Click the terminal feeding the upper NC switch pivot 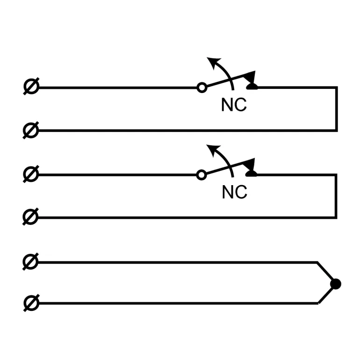(31, 87)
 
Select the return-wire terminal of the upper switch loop (31, 130)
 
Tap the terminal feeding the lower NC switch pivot (31, 175)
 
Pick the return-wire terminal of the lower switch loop (31, 217)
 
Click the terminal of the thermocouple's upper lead (31, 262)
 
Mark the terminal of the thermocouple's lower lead (31, 303)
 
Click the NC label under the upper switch (234, 105)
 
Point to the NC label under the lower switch (234, 192)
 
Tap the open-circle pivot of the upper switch (202, 87)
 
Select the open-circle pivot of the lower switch (202, 175)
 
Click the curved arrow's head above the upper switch (213, 61)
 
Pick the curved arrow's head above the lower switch (213, 149)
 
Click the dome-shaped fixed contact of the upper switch (252, 86)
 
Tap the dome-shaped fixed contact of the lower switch (252, 174)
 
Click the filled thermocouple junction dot (335, 284)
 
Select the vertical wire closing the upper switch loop (336, 109)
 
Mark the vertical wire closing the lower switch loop (336, 196)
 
